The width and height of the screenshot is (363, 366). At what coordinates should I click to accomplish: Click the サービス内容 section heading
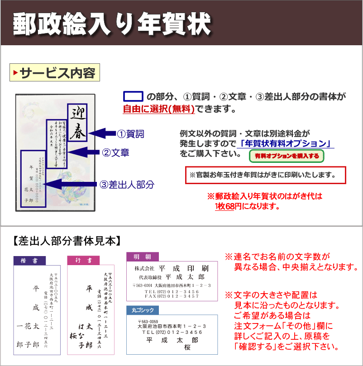point(55,73)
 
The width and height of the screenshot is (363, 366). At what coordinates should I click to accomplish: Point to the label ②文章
point(115,153)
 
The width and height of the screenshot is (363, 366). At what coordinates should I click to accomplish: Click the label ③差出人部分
point(127,185)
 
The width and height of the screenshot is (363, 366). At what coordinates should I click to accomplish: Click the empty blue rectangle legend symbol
point(133,97)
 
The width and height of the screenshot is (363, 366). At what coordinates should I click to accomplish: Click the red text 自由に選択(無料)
point(159,109)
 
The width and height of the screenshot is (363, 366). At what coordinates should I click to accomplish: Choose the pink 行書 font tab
point(83,261)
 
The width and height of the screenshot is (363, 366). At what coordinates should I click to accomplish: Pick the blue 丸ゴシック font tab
point(143,310)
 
